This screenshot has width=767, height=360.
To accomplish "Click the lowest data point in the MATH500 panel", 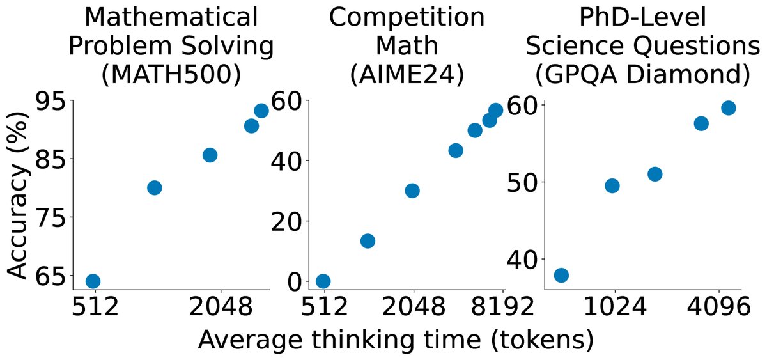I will click(93, 281).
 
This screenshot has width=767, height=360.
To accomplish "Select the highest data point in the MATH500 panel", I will click(261, 111).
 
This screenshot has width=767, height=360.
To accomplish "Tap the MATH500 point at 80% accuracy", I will click(154, 187).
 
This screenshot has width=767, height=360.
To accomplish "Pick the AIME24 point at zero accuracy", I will click(323, 281).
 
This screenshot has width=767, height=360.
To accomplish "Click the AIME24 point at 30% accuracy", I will click(412, 191).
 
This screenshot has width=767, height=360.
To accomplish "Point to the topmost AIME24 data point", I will click(495, 110).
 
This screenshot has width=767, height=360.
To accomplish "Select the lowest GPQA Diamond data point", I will click(561, 276).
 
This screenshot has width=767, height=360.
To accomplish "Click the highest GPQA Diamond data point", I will click(728, 107).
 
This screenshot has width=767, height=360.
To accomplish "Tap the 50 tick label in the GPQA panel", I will click(523, 182).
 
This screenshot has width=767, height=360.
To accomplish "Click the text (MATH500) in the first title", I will click(171, 74).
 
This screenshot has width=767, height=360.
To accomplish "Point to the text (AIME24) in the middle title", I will click(407, 74).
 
